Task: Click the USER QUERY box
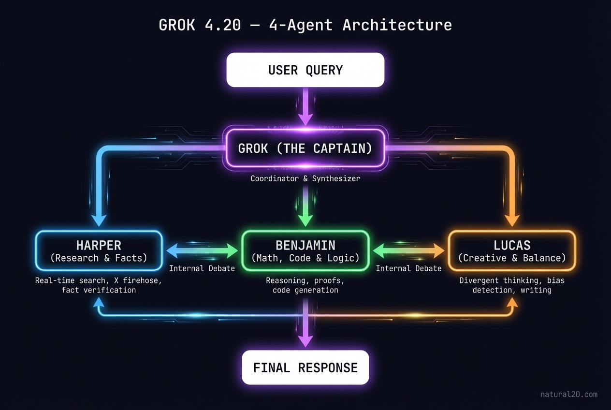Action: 305,70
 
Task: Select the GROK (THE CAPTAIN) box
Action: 305,148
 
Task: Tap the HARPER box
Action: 99,250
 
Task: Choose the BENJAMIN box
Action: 305,250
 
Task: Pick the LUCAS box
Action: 512,250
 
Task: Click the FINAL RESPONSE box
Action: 305,367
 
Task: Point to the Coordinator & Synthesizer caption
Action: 305,179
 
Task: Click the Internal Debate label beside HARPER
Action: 202,268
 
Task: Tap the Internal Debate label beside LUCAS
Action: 408,268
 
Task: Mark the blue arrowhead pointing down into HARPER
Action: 99,220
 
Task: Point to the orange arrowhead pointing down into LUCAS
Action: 512,220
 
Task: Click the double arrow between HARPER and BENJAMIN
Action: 202,250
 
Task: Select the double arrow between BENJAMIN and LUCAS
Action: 408,250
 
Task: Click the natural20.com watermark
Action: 568,395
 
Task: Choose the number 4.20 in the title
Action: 222,25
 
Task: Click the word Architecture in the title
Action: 397,25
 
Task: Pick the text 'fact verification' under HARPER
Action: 99,290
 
